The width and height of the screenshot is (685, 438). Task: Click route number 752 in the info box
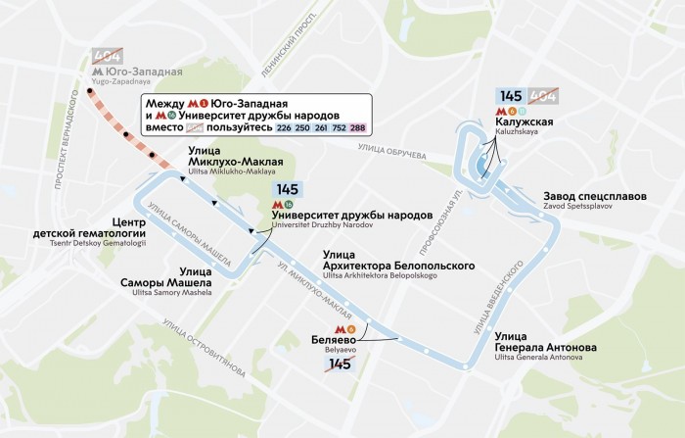(341, 127)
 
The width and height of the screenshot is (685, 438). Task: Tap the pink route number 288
(358, 127)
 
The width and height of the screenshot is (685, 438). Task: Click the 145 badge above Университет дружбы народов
(288, 189)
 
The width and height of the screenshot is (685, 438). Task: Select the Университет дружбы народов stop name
(351, 214)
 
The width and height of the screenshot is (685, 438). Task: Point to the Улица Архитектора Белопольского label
(399, 266)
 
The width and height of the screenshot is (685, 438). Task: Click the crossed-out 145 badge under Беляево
(339, 365)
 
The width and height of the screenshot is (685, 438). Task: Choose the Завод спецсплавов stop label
(595, 196)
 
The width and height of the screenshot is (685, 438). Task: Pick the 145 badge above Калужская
(511, 96)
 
